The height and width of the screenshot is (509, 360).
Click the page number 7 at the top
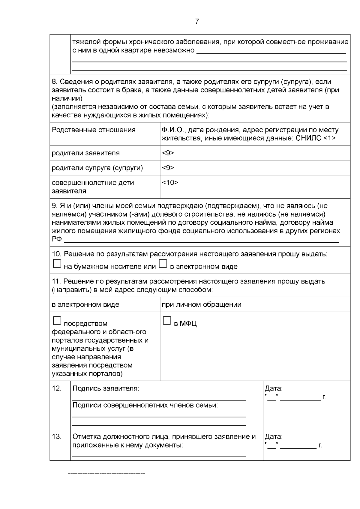click(x=197, y=22)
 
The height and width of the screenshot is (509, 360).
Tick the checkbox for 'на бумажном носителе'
click(x=56, y=264)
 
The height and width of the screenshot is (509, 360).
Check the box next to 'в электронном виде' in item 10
click(x=163, y=264)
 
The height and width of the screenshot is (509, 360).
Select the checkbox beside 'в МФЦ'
click(x=167, y=321)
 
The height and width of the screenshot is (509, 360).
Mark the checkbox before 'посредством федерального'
click(x=56, y=321)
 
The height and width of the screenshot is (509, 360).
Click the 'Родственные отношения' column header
click(x=94, y=130)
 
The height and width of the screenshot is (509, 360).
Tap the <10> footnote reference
click(x=170, y=182)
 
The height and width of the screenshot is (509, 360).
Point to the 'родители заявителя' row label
click(x=85, y=153)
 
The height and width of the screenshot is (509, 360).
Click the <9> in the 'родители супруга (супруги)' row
click(x=168, y=168)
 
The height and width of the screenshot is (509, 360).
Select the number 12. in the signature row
click(x=56, y=388)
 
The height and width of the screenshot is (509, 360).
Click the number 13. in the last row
click(x=56, y=437)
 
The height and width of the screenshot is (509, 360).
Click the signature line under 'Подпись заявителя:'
click(x=159, y=400)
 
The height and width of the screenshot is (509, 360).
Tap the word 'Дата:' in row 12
click(x=274, y=389)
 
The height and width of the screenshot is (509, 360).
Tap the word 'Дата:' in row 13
click(x=274, y=437)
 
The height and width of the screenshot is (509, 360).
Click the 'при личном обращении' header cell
click(x=201, y=305)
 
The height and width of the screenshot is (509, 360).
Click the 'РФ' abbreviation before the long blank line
click(x=56, y=239)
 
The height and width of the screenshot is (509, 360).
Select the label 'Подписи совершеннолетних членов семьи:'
click(x=145, y=405)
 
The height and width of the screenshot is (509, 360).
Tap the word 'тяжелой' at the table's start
click(x=85, y=42)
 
